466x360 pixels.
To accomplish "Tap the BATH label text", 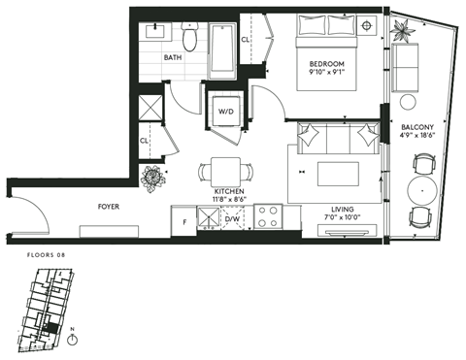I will tap(172, 57).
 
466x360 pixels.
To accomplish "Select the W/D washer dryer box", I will tap(225, 112).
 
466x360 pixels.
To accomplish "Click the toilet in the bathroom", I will tap(190, 36).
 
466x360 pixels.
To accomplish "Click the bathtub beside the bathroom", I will tap(222, 50).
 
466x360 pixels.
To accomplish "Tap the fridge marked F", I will tap(184, 221).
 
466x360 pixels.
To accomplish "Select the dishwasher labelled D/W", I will tap(232, 220).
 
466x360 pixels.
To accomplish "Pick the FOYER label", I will tap(109, 207).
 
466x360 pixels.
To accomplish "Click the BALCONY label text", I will tap(423, 126).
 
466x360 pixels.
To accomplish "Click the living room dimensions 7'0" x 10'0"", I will tap(341, 218).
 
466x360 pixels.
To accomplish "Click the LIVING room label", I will tap(341, 209).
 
